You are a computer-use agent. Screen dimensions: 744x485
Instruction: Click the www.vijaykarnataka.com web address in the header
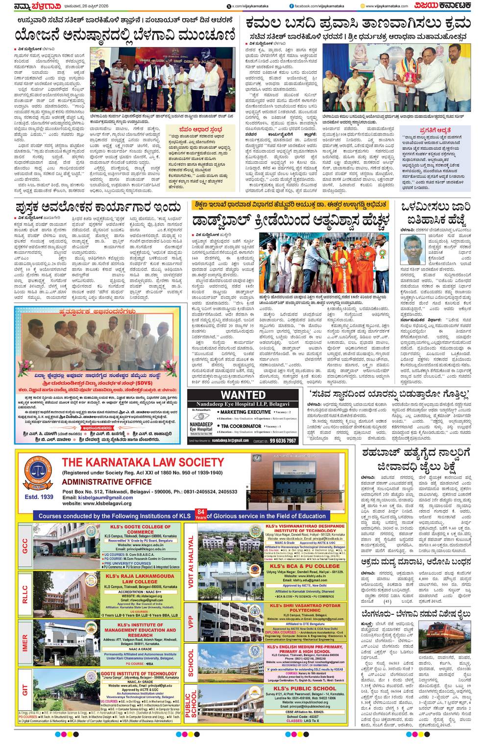387,6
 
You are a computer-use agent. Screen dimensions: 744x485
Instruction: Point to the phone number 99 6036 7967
284,441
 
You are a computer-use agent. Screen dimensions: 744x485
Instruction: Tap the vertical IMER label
24,642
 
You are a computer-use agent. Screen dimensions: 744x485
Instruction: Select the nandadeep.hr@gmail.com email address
230,441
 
